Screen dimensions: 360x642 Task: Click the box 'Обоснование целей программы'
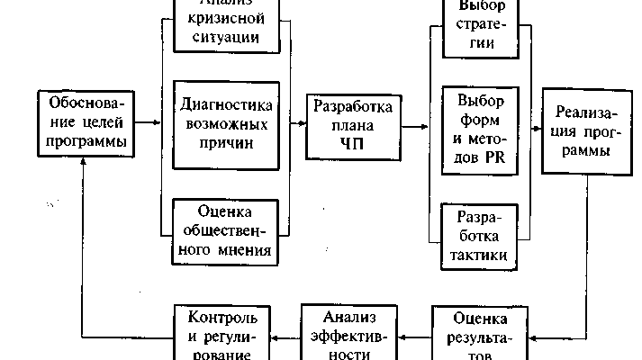tap(81, 121)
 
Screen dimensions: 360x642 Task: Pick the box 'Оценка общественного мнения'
tap(226, 229)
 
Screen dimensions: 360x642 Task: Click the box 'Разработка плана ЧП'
tap(353, 126)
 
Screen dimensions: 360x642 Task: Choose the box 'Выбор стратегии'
tap(479, 25)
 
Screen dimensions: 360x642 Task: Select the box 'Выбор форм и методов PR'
tap(480, 127)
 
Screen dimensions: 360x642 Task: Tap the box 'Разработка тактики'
tap(481, 237)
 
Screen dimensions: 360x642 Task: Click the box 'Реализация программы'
tap(583, 132)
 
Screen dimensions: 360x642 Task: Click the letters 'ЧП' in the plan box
tap(353, 146)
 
